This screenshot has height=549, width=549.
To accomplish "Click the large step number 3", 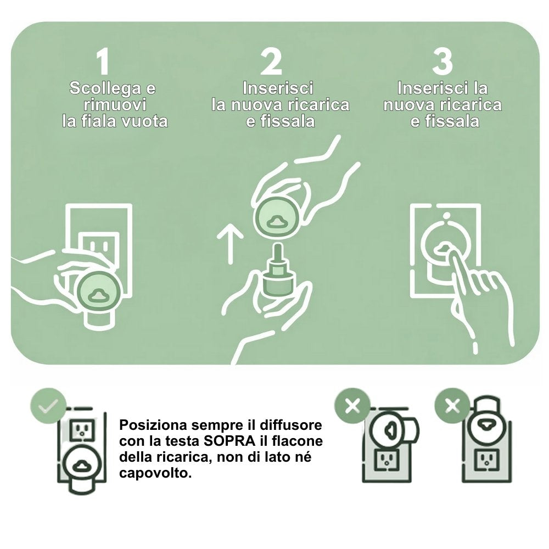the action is click(x=442, y=61).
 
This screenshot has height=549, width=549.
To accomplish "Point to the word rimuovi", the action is click(x=115, y=105).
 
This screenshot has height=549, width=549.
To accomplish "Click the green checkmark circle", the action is click(x=48, y=406).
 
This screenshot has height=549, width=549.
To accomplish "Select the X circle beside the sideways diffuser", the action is click(x=352, y=406).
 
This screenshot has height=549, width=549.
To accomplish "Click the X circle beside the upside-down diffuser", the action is click(x=452, y=406).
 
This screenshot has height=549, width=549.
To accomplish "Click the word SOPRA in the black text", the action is click(x=229, y=441).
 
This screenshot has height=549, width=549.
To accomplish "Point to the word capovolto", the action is click(x=155, y=473).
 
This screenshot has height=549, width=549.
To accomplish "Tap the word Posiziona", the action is click(x=153, y=425).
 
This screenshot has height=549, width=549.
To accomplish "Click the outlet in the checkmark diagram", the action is click(x=82, y=430).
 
